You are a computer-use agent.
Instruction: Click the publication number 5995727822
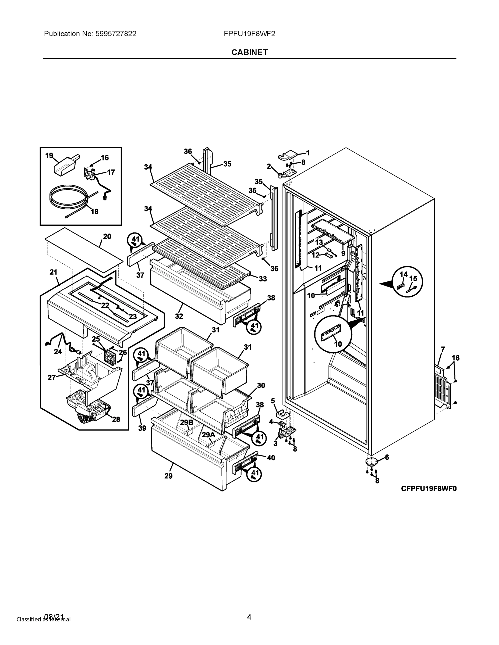(116, 34)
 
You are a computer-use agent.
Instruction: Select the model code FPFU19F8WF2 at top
(249, 34)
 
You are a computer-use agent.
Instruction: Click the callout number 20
(107, 236)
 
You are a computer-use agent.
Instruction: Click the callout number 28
(116, 419)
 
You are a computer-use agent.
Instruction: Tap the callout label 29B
(186, 422)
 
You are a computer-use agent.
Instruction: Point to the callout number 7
(443, 349)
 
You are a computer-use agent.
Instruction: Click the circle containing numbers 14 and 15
(407, 282)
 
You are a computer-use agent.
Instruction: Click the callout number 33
(263, 278)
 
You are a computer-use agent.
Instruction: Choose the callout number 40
(271, 458)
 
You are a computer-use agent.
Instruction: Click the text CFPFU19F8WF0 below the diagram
(429, 489)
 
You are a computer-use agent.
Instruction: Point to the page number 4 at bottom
(249, 617)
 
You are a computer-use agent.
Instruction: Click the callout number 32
(179, 316)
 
